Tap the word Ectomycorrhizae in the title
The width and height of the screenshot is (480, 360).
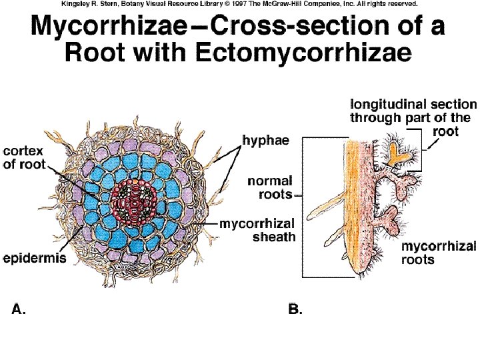tap(319, 53)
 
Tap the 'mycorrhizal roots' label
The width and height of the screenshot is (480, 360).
tap(438, 253)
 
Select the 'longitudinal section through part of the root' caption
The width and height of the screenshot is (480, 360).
tap(413, 117)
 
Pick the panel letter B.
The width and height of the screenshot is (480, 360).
tap(294, 309)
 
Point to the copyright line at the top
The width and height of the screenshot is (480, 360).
tap(239, 4)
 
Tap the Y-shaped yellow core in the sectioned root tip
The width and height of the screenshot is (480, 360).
tap(399, 153)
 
